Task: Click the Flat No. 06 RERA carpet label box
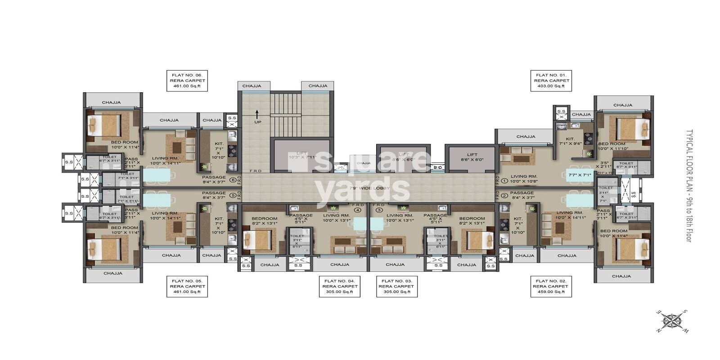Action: pyautogui.click(x=187, y=81)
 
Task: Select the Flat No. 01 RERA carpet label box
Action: pyautogui.click(x=551, y=81)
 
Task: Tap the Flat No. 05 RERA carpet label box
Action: pyautogui.click(x=187, y=286)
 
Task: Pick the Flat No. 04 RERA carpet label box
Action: pyautogui.click(x=340, y=286)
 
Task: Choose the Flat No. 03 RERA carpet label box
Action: pyautogui.click(x=396, y=286)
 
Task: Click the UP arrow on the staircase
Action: pyautogui.click(x=257, y=114)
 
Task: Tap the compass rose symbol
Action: pyautogui.click(x=672, y=322)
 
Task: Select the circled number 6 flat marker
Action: pyautogui.click(x=232, y=180)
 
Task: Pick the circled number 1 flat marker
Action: pyautogui.click(x=504, y=181)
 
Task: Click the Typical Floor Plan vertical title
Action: pyautogui.click(x=688, y=186)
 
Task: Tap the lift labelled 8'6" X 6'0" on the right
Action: pyautogui.click(x=472, y=157)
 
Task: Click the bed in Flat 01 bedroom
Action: pyautogui.click(x=632, y=129)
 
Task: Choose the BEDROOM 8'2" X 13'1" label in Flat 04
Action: pyautogui.click(x=264, y=221)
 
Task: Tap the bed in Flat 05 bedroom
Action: pyautogui.click(x=104, y=248)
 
